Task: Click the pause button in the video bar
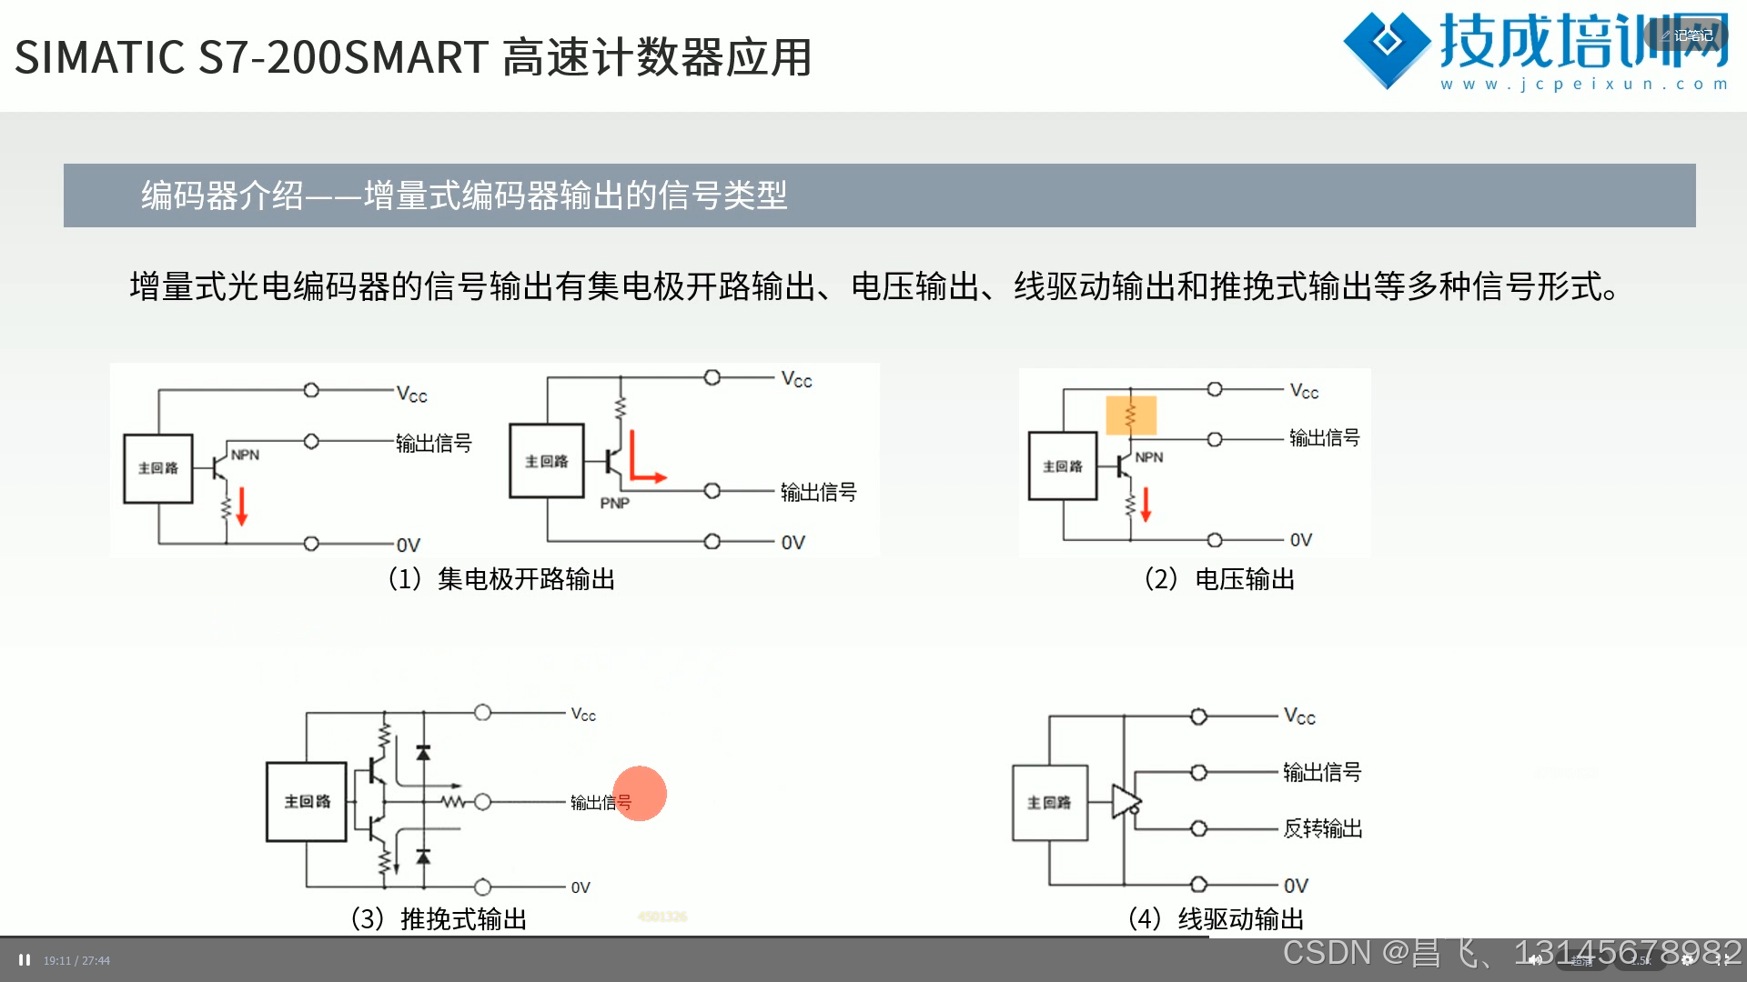[x=25, y=960]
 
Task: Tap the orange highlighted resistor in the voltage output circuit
[x=1131, y=416]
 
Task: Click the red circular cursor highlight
[x=640, y=793]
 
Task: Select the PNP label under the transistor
[x=614, y=503]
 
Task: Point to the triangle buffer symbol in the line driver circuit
[x=1126, y=802]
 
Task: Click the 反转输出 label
[x=1322, y=828]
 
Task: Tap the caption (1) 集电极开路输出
[x=501, y=579]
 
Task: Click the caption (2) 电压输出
[x=1219, y=579]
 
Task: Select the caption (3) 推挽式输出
[x=439, y=918]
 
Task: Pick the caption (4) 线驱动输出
[x=1216, y=918]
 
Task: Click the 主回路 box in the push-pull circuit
[x=307, y=801]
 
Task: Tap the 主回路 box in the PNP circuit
[x=546, y=461]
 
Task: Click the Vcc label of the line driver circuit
[x=1299, y=716]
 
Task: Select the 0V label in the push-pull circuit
[x=581, y=887]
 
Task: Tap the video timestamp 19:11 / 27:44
[x=76, y=960]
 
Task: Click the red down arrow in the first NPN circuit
[x=242, y=506]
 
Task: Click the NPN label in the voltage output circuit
[x=1149, y=457]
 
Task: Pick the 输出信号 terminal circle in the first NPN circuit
[x=311, y=441]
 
